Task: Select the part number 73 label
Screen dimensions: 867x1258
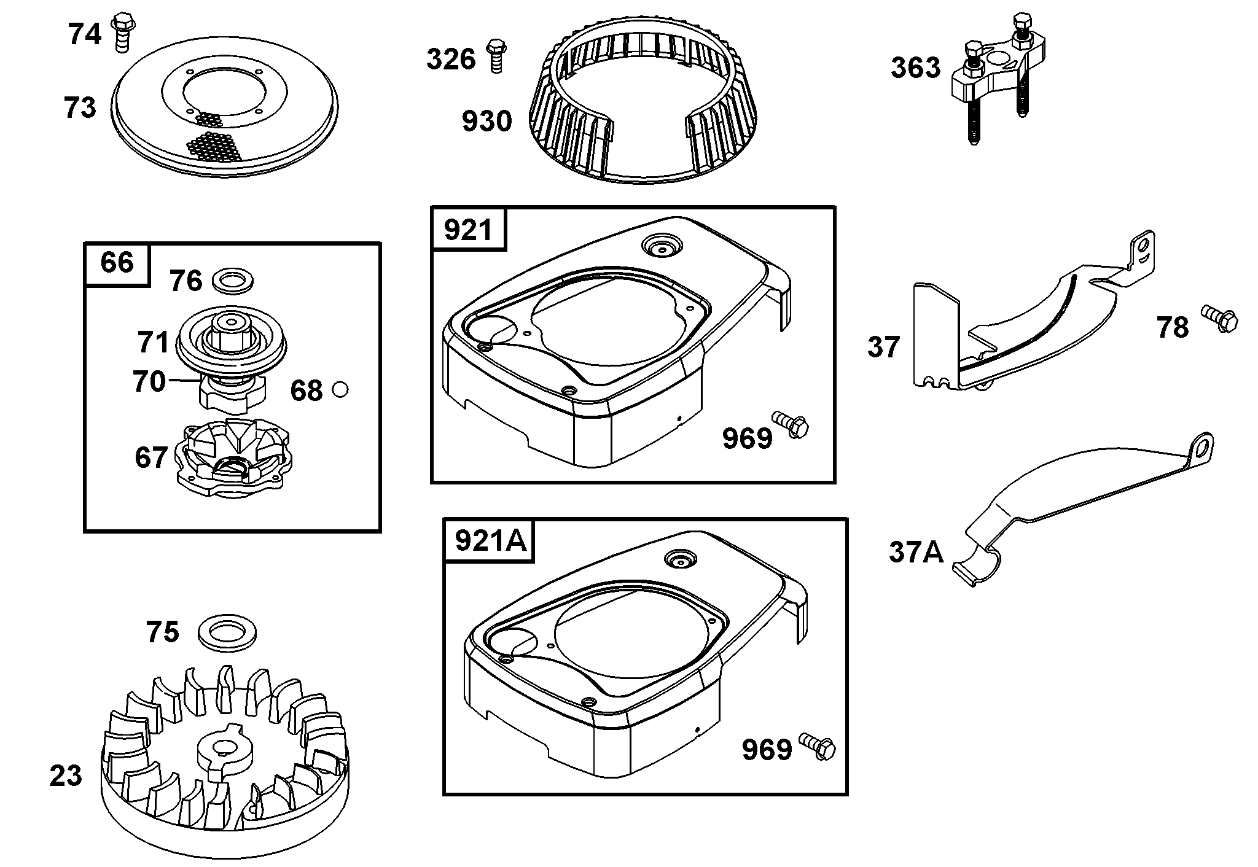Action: click(80, 108)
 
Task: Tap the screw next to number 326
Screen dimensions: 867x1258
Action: click(496, 56)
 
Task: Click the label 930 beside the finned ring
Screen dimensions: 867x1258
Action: click(486, 122)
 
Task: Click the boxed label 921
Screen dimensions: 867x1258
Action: click(469, 230)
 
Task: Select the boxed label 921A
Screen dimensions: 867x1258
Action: click(489, 541)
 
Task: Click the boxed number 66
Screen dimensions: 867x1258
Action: click(117, 263)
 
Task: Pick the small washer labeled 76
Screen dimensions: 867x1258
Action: click(233, 282)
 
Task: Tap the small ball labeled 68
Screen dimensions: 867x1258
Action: click(340, 389)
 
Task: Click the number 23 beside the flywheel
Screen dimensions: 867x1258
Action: click(66, 776)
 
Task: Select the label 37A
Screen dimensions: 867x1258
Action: click(916, 552)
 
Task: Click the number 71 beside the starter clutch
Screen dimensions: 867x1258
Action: click(153, 343)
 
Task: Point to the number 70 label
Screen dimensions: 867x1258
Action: click(149, 382)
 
